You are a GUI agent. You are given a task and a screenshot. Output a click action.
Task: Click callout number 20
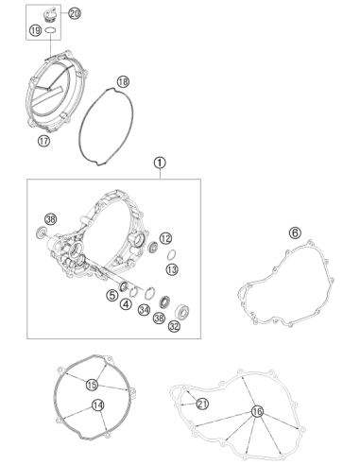click(75, 13)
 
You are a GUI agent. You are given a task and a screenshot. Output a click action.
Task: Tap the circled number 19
click(35, 30)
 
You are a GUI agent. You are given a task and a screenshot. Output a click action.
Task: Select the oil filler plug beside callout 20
click(50, 15)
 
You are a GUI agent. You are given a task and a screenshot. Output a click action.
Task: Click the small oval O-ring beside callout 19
click(51, 30)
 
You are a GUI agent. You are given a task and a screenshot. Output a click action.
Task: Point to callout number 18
click(123, 82)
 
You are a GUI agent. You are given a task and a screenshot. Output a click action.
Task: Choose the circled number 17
click(43, 141)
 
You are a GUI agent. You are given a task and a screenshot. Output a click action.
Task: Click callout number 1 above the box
click(160, 163)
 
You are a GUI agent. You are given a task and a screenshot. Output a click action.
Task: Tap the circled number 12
click(165, 238)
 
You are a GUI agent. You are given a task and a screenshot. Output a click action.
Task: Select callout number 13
click(172, 269)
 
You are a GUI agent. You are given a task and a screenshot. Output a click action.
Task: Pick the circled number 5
click(112, 296)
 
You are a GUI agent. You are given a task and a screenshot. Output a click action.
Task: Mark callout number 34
click(144, 310)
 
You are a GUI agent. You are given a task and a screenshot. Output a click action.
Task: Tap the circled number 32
click(174, 326)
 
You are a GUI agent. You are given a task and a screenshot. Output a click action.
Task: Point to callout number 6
click(295, 232)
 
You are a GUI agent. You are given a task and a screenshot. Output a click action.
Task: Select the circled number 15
click(92, 385)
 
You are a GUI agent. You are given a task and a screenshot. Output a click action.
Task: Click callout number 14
click(98, 405)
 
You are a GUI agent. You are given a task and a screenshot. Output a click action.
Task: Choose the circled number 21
click(202, 404)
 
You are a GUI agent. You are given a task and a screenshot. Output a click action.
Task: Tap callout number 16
click(257, 411)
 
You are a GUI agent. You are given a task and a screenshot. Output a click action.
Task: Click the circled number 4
click(126, 304)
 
